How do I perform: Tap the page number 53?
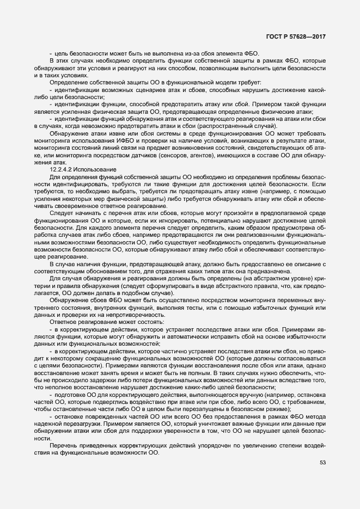coord(322,462)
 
